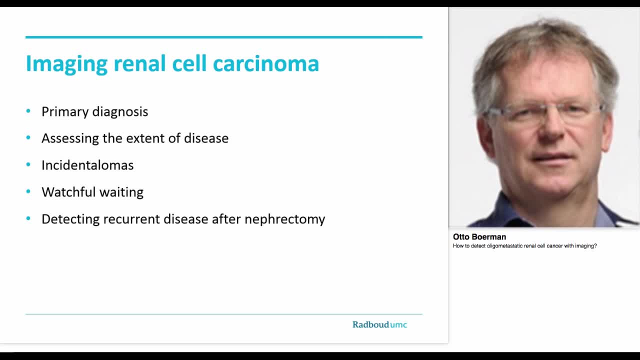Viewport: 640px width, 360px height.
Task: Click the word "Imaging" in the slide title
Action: tap(66, 64)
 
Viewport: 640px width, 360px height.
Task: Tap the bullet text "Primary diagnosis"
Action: tap(94, 111)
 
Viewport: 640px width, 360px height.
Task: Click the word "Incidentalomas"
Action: tap(87, 165)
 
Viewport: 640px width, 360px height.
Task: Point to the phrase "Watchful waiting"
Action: tap(92, 192)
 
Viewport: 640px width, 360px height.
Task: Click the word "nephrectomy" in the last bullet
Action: tap(284, 219)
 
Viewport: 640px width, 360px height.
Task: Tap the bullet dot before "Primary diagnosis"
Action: tap(28, 111)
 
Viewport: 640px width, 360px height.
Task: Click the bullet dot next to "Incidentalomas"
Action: tap(28, 164)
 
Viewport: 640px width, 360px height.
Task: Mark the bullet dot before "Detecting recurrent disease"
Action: tap(28, 218)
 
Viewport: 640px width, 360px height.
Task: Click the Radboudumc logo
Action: tap(379, 324)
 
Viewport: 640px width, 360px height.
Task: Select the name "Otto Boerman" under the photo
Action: tap(479, 237)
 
